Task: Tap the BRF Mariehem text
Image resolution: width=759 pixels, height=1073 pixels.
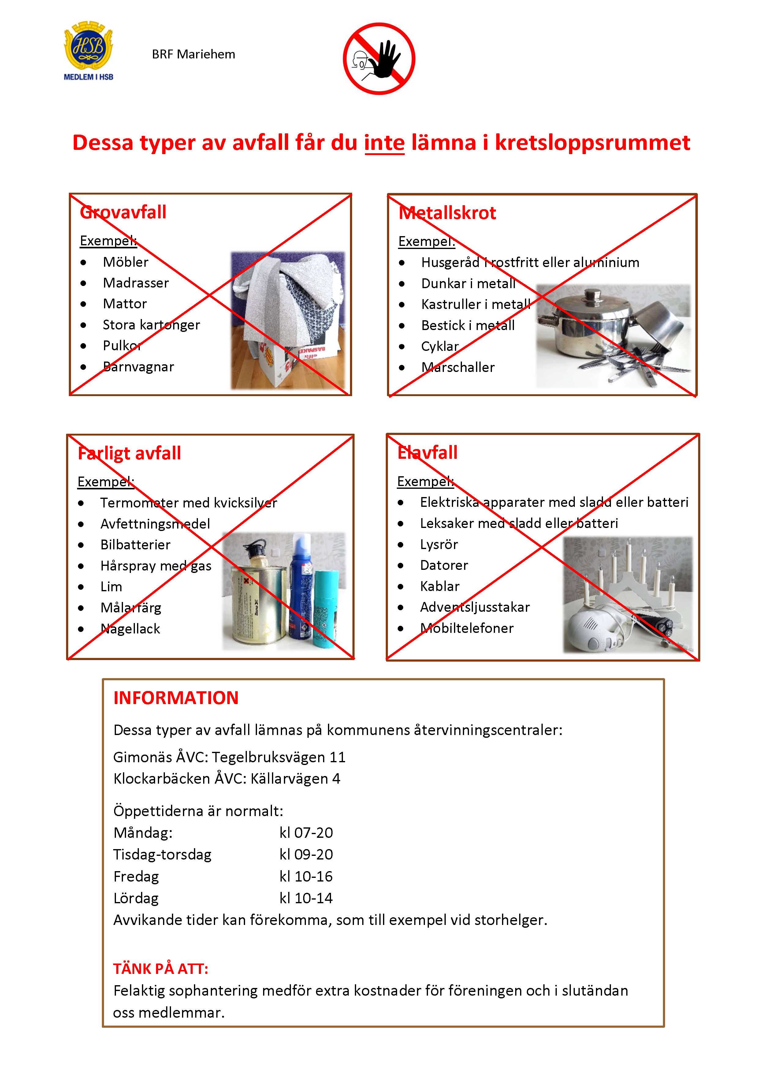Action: coord(193,55)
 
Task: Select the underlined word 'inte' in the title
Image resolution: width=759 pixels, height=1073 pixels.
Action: coord(384,143)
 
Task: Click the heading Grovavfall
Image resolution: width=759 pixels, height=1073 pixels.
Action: coord(123,213)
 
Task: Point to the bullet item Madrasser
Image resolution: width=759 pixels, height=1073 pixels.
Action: coord(136,283)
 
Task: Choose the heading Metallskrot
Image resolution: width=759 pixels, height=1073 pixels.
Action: coord(447,213)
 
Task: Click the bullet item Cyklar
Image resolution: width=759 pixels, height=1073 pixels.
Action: coord(440,346)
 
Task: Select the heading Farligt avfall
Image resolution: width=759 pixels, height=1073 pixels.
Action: coord(129,453)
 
